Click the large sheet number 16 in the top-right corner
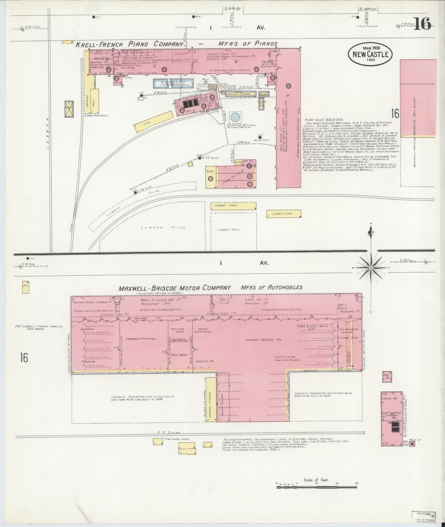tap(422, 23)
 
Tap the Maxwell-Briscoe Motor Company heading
tap(175, 288)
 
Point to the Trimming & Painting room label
tap(140, 339)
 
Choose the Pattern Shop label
tap(177, 331)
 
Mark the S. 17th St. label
tap(232, 9)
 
